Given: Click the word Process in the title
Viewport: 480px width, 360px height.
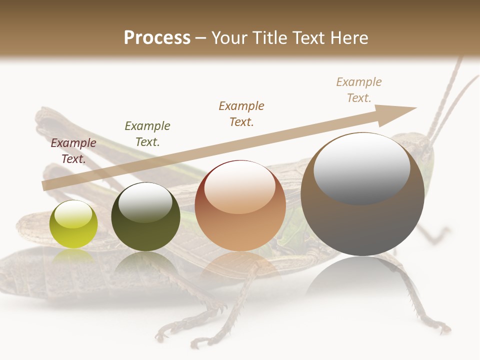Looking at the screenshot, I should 157,37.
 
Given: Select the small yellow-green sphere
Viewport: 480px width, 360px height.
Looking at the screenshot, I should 73,224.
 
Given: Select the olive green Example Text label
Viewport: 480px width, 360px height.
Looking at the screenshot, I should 147,134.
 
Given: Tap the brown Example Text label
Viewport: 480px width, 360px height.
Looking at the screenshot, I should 241,114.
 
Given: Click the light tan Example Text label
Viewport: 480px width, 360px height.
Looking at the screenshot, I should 359,90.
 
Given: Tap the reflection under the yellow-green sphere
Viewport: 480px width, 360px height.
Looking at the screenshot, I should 73,256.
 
